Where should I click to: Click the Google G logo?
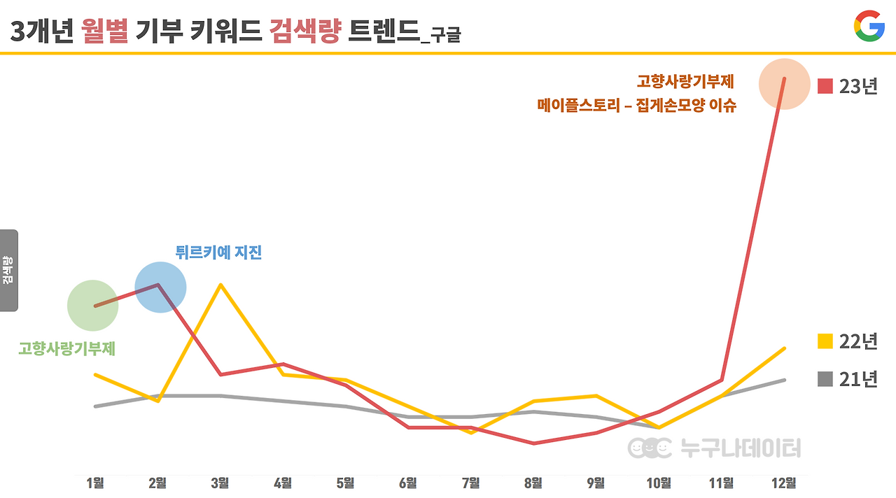pos(869,27)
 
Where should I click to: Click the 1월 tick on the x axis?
pos(95,483)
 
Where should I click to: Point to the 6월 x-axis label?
pos(408,483)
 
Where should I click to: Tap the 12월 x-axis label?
pos(783,483)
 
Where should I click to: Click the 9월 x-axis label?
pos(596,483)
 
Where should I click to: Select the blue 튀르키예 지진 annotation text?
pos(218,252)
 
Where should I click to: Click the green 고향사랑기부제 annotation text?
pos(66,348)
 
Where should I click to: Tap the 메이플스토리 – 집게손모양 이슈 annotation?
pos(637,106)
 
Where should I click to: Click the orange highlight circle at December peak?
pos(784,84)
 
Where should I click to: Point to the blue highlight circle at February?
pos(160,287)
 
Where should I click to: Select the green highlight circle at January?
pos(92,306)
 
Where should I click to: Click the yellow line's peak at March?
pos(220,285)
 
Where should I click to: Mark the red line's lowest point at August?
pos(533,443)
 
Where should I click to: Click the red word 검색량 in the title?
pos(304,31)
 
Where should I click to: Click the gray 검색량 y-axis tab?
pos(8,270)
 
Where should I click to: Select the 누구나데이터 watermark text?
pos(741,448)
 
